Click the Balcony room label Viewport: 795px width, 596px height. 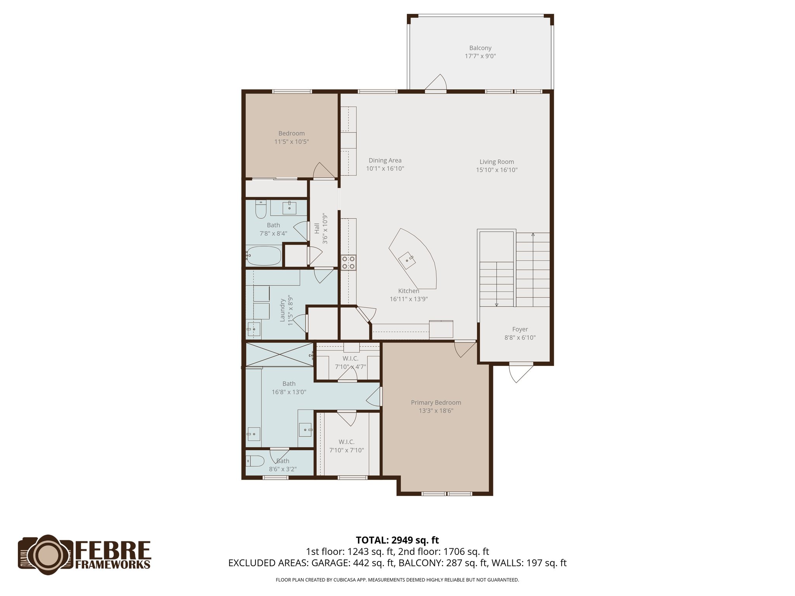coord(480,48)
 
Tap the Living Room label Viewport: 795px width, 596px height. coord(496,162)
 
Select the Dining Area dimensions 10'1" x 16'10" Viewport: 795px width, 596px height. coord(385,169)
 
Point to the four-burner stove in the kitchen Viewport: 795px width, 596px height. coord(348,263)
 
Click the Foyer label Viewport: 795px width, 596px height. coord(520,329)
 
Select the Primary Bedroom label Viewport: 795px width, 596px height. coord(436,403)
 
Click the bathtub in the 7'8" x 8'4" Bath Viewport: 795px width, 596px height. coord(263,256)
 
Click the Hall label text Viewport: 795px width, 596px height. coord(317,228)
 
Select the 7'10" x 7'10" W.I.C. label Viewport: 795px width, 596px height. coord(346,442)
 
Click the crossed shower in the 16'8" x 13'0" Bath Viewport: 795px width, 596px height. coord(279,354)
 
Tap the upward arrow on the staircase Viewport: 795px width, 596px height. coord(533,235)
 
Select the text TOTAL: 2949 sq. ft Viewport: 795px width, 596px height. coord(397,540)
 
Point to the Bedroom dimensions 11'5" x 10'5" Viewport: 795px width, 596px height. coord(292,142)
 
